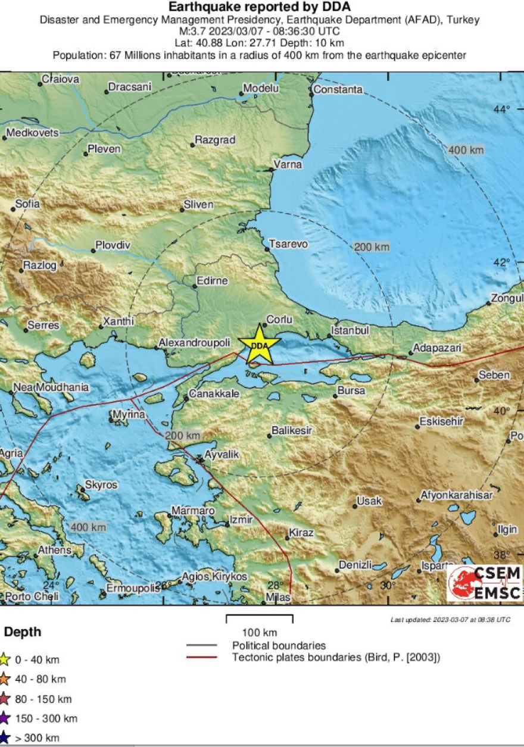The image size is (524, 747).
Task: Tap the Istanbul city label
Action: click(350, 330)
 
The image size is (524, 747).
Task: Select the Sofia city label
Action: click(27, 204)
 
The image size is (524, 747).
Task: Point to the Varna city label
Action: click(288, 164)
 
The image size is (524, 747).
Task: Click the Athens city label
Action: click(54, 550)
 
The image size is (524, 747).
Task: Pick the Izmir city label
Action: click(242, 520)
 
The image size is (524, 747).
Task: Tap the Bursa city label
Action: click(351, 391)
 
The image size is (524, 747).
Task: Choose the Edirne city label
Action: click(213, 281)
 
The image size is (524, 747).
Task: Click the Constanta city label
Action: click(338, 90)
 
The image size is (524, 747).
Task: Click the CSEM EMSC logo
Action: click(485, 583)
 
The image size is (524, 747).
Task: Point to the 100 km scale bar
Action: click(260, 619)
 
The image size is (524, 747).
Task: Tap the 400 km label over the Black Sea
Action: click(465, 150)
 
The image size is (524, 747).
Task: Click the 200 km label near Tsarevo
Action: click(372, 246)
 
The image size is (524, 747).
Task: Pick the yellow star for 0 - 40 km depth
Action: click(4, 659)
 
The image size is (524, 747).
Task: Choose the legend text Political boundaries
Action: click(279, 645)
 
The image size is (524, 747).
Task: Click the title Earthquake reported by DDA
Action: click(260, 7)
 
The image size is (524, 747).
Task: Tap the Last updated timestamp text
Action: click(450, 620)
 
